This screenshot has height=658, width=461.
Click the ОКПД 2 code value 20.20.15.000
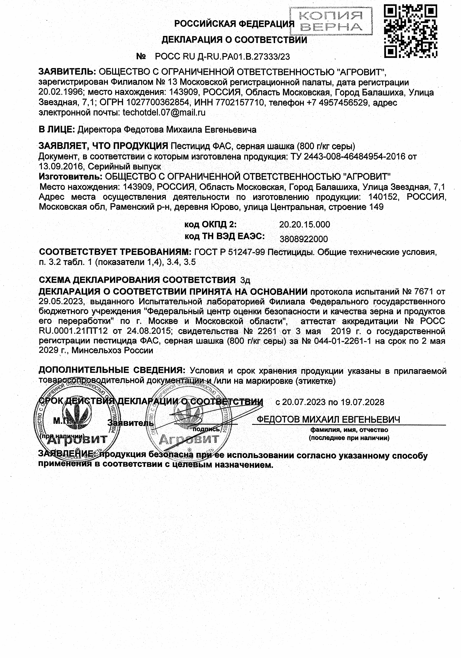coord(304,224)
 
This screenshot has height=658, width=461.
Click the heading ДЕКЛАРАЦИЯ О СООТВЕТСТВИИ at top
coord(234,40)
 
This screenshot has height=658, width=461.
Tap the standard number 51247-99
coord(247,252)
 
